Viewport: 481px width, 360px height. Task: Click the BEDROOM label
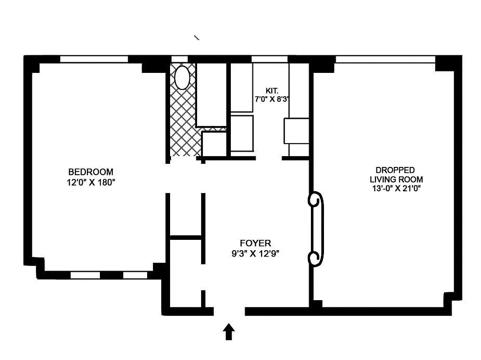[90, 172]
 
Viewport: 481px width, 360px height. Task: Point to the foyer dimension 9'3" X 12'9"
[252, 253]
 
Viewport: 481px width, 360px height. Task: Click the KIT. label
[271, 90]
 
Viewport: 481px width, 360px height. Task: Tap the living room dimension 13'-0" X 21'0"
[395, 189]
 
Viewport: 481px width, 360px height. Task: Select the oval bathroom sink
[182, 78]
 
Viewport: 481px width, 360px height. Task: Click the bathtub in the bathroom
[211, 94]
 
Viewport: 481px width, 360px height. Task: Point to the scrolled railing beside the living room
[316, 229]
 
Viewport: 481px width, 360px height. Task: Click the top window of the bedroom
[94, 59]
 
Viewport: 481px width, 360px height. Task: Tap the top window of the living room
[385, 59]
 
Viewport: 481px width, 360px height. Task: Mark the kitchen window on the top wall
[269, 59]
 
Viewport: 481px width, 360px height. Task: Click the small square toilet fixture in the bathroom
[214, 144]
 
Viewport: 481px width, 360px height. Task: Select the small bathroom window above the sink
[180, 59]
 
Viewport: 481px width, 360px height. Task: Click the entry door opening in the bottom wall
[229, 311]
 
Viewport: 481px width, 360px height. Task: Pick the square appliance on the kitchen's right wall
[296, 130]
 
